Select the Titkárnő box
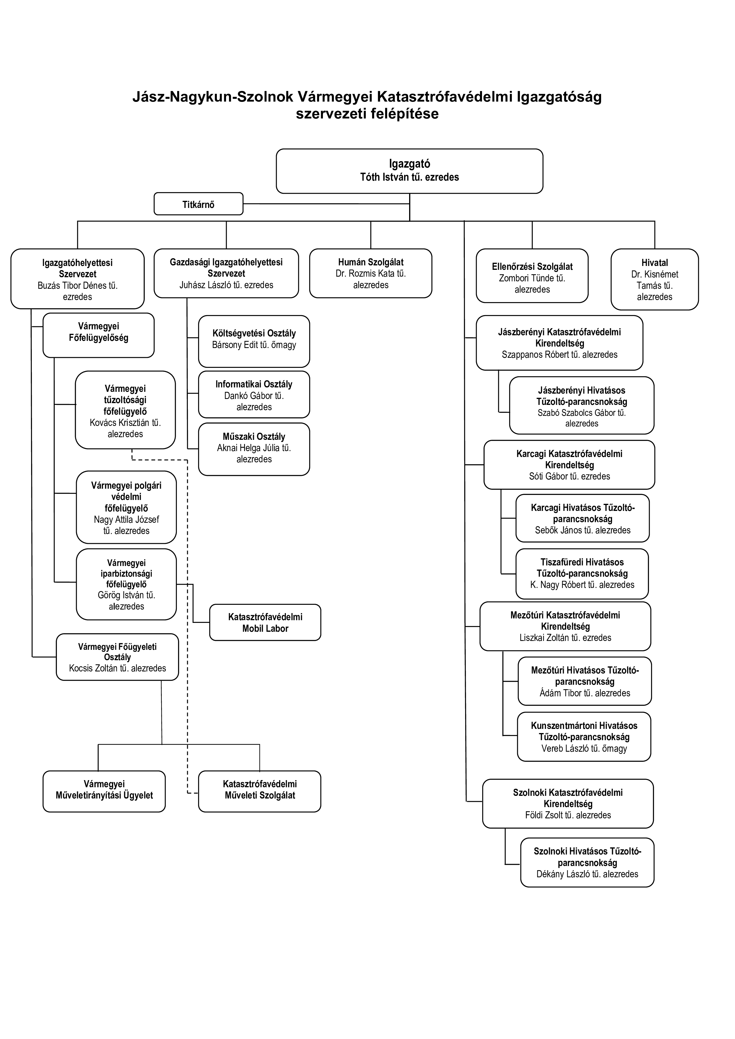click(198, 204)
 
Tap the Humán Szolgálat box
click(371, 273)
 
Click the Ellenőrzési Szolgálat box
click(532, 275)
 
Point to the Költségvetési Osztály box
click(254, 341)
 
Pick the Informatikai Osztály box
click(254, 395)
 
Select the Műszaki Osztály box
click(254, 449)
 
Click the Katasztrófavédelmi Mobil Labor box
click(265, 622)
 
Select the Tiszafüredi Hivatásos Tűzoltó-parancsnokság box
click(582, 574)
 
